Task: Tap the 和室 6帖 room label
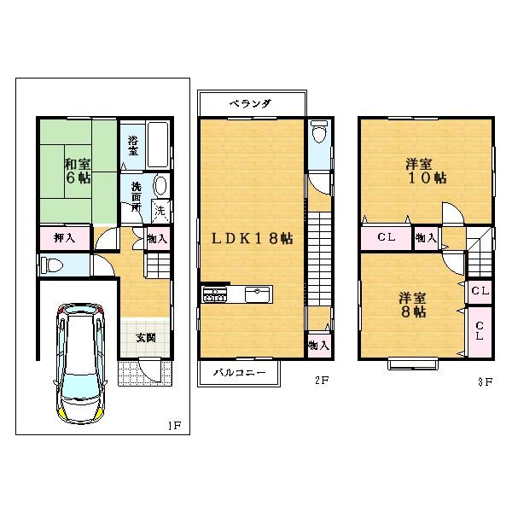(78, 172)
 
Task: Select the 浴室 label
(133, 146)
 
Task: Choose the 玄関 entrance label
(145, 337)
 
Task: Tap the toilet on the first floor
(50, 266)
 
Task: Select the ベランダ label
(251, 104)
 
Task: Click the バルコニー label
(239, 373)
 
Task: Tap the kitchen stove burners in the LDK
(213, 295)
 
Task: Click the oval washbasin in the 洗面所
(159, 187)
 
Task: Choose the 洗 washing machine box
(159, 209)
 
